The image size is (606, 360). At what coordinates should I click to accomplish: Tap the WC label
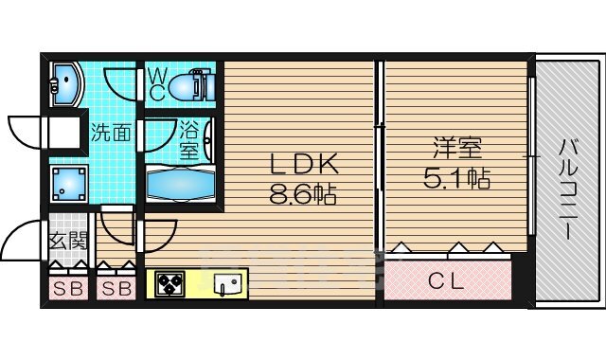point(156,83)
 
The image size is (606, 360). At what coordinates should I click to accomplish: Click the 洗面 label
point(110,133)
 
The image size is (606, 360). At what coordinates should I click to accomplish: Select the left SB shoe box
point(66,288)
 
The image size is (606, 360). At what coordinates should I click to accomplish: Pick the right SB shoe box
point(116,288)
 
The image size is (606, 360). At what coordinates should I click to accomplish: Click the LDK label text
point(302,165)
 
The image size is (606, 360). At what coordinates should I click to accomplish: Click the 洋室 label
point(457,149)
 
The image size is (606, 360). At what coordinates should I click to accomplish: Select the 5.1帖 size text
point(457,178)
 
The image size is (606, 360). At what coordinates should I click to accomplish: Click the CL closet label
point(447,280)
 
